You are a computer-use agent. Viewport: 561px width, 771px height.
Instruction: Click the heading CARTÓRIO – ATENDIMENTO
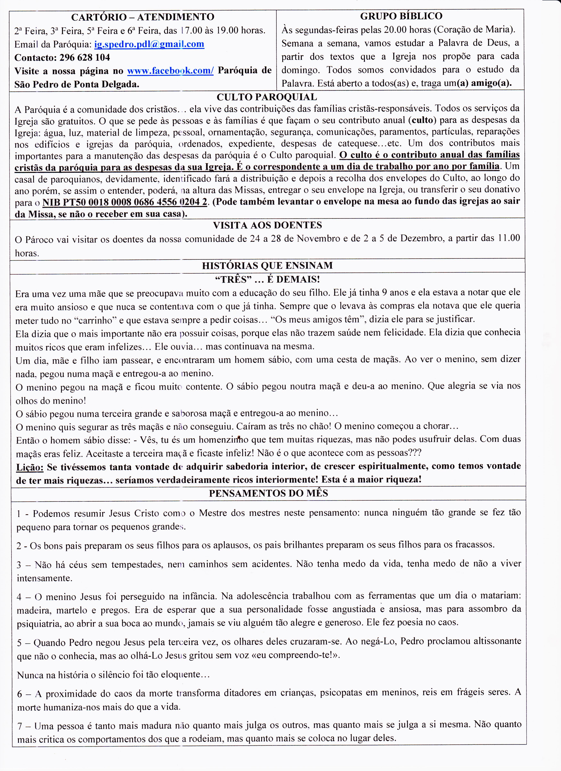[x=143, y=17]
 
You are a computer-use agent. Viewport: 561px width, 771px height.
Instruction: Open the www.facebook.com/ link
[x=170, y=71]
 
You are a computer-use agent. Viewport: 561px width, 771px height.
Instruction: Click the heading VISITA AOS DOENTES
[x=267, y=225]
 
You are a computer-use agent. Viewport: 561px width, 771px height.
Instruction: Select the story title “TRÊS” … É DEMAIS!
[x=267, y=279]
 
